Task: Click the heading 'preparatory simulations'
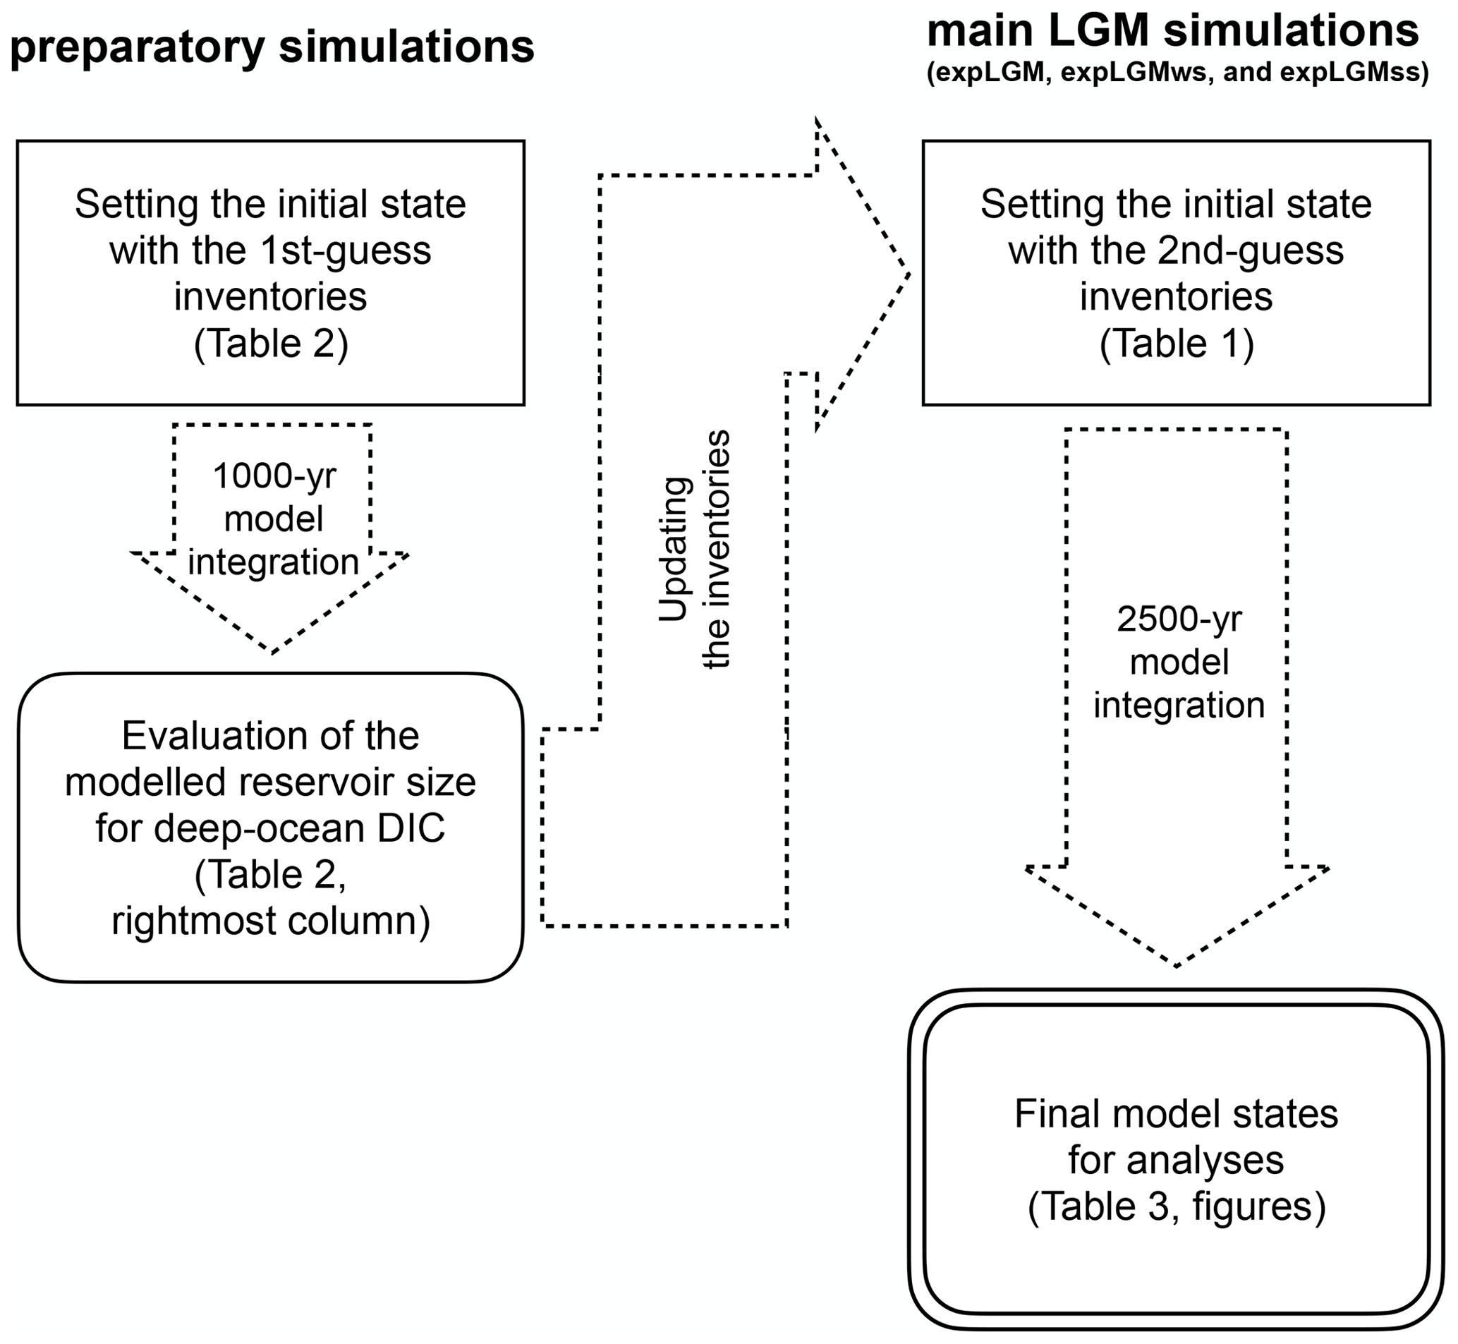coord(272,48)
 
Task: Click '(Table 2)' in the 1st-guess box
coord(272,344)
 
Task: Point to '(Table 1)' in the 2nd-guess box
coord(1177,344)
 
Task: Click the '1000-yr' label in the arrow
coord(274,476)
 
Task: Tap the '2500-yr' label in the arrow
coord(1179,619)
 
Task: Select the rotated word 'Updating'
coord(674,549)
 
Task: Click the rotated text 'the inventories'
coord(717,549)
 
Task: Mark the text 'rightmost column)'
coord(272,921)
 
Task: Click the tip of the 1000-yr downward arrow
coord(272,651)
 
